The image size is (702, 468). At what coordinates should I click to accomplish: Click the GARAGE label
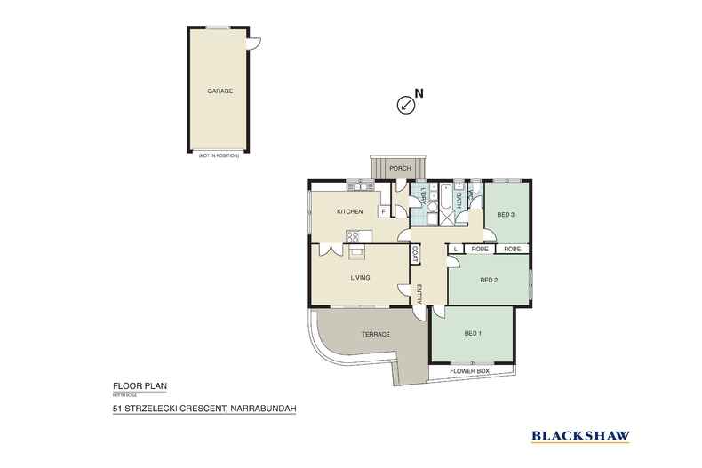point(219,91)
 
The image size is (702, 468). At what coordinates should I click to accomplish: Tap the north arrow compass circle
point(405,105)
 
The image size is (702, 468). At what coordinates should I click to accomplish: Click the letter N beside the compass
point(420,92)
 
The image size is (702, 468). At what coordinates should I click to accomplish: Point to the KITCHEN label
point(348,211)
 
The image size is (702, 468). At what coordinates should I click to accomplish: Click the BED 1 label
point(473,333)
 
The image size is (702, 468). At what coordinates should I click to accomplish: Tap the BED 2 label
point(488,280)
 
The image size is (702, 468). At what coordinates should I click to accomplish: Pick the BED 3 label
point(506,214)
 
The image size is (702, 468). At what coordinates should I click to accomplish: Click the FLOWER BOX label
point(471,369)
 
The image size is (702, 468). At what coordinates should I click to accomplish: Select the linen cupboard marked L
point(455,250)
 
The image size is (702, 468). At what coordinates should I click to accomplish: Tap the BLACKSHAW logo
point(581,435)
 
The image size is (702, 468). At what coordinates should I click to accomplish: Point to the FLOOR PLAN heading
point(133,385)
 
